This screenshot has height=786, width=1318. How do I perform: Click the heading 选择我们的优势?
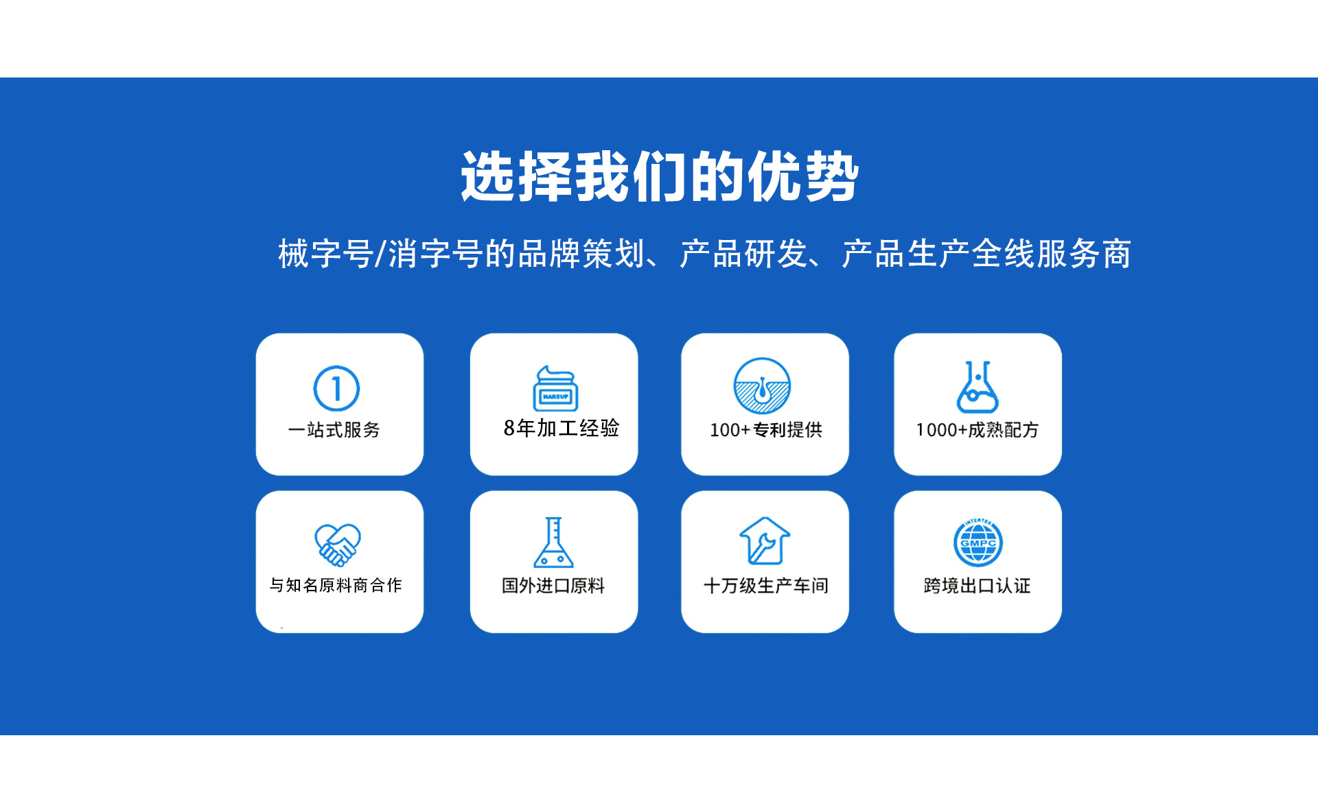pos(659,177)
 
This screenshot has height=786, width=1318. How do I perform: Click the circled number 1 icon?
pos(336,388)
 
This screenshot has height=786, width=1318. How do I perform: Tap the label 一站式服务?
pos(334,430)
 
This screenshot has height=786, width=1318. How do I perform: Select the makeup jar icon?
pos(555,388)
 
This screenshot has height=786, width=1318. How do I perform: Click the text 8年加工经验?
pos(562,428)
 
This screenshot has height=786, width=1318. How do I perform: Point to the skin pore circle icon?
pos(762,385)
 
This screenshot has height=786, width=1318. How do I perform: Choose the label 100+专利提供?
pos(766,430)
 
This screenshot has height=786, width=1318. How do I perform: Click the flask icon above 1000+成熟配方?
pos(978,387)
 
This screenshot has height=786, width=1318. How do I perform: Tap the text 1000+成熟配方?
pos(978,430)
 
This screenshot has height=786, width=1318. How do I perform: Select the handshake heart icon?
pos(338,545)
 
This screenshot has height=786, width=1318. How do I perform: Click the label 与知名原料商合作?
pos(336,585)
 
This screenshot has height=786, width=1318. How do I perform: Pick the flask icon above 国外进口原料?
pos(553,542)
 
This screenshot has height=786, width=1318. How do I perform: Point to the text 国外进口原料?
pos(553,586)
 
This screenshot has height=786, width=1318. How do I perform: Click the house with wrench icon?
pos(765,540)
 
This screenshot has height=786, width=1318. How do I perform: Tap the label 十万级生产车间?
pos(766,586)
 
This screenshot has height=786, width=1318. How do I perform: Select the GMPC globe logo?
pos(978,542)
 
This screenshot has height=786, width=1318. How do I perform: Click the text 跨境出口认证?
pos(978,586)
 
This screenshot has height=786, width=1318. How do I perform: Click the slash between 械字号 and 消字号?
pos(380,254)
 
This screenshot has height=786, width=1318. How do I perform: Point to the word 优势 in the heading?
pos(802,177)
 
